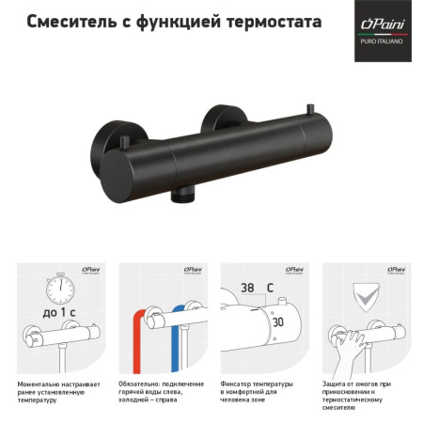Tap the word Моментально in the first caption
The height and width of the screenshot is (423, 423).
[x=40, y=384]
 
